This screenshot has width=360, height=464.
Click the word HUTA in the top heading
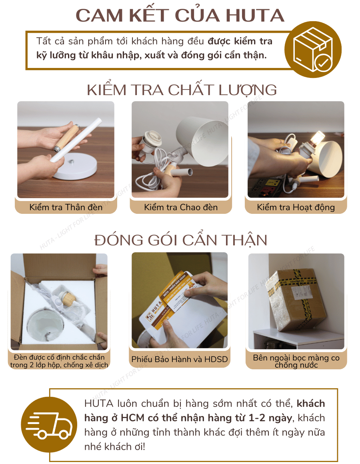[x=255, y=16]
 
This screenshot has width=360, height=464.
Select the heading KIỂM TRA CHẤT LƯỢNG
[x=182, y=90]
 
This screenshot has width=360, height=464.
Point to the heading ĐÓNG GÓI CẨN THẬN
[x=181, y=240]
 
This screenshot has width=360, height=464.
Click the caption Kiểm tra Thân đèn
[x=66, y=207]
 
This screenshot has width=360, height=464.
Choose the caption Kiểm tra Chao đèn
[x=181, y=207]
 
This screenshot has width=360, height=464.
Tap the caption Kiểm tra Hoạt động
[x=296, y=207]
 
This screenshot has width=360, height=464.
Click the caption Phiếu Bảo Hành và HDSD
[x=180, y=359]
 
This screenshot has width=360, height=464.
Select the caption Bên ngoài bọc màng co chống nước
[x=296, y=361]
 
